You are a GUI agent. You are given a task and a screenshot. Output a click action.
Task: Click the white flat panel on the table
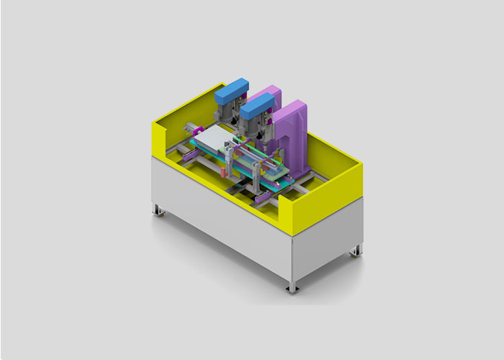pyautogui.click(x=214, y=139)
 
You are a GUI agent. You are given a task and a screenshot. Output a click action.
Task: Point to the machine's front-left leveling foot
pyautogui.click(x=157, y=210)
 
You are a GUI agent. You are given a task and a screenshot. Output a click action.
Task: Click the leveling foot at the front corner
pyautogui.click(x=292, y=287)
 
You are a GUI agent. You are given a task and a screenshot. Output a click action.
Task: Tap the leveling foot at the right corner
pyautogui.click(x=355, y=252)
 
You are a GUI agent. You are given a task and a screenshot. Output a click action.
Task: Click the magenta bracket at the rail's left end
pyautogui.click(x=190, y=154)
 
